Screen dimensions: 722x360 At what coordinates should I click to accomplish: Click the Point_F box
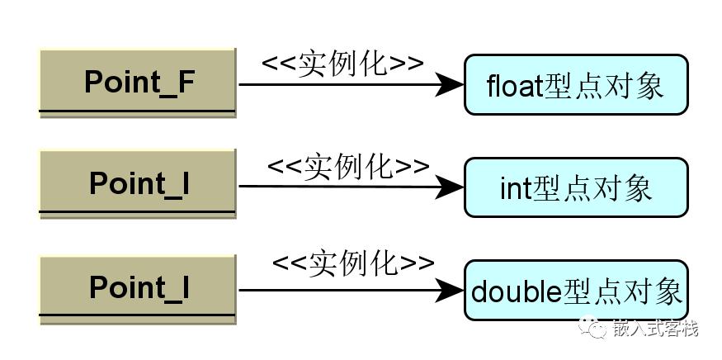pyautogui.click(x=138, y=83)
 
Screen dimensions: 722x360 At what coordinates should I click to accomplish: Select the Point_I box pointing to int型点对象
pyautogui.click(x=138, y=183)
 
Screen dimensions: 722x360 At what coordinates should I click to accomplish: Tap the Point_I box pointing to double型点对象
pyautogui.click(x=138, y=288)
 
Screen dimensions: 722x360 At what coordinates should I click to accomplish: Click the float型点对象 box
pyautogui.click(x=576, y=85)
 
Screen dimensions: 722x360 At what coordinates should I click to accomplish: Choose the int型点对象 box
pyautogui.click(x=576, y=187)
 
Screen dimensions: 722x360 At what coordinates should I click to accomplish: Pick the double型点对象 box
pyautogui.click(x=576, y=291)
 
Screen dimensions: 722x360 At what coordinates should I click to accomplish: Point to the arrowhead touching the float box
pyautogui.click(x=450, y=84)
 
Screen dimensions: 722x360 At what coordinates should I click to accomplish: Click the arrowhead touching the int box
pyautogui.click(x=450, y=187)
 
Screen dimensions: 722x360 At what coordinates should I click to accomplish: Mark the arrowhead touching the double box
pyautogui.click(x=450, y=291)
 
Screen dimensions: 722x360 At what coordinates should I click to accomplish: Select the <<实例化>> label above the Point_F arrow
pyautogui.click(x=342, y=63)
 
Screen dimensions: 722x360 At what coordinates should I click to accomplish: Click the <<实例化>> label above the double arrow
pyautogui.click(x=354, y=264)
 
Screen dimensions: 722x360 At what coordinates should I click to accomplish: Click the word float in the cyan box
pyautogui.click(x=514, y=85)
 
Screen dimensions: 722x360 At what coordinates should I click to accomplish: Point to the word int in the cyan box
pyautogui.click(x=515, y=188)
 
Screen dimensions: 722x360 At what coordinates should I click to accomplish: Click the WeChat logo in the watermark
pyautogui.click(x=593, y=326)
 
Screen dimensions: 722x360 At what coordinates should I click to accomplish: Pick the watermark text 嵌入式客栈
pyautogui.click(x=655, y=328)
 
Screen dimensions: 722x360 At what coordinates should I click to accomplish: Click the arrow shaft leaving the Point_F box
pyautogui.click(x=337, y=84)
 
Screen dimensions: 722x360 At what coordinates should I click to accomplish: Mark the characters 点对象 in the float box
pyautogui.click(x=619, y=85)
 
